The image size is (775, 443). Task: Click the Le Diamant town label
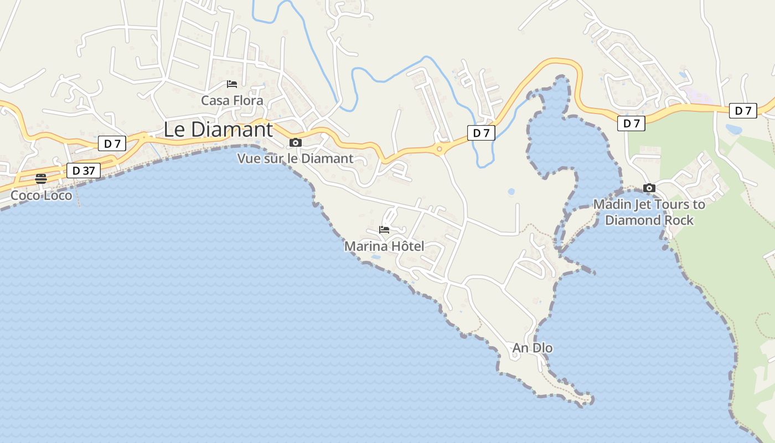(218, 130)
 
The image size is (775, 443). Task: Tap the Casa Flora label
(232, 101)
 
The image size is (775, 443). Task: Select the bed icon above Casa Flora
(232, 84)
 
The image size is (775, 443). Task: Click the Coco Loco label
(42, 195)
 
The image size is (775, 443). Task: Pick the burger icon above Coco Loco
(41, 178)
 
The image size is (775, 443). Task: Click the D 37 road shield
(84, 171)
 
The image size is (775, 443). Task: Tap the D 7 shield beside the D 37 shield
(112, 144)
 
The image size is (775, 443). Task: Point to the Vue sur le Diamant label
(295, 158)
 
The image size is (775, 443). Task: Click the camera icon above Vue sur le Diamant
(296, 143)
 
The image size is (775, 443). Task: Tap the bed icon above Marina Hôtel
(384, 230)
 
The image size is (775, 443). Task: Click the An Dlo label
(533, 348)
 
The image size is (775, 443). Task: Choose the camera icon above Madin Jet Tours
(649, 188)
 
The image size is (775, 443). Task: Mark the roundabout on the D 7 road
(440, 148)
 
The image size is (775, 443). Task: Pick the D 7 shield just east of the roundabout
(481, 133)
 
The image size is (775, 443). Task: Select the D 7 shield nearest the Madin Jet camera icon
(631, 123)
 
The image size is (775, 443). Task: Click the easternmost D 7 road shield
(743, 111)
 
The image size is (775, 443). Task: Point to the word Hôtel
(405, 246)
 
